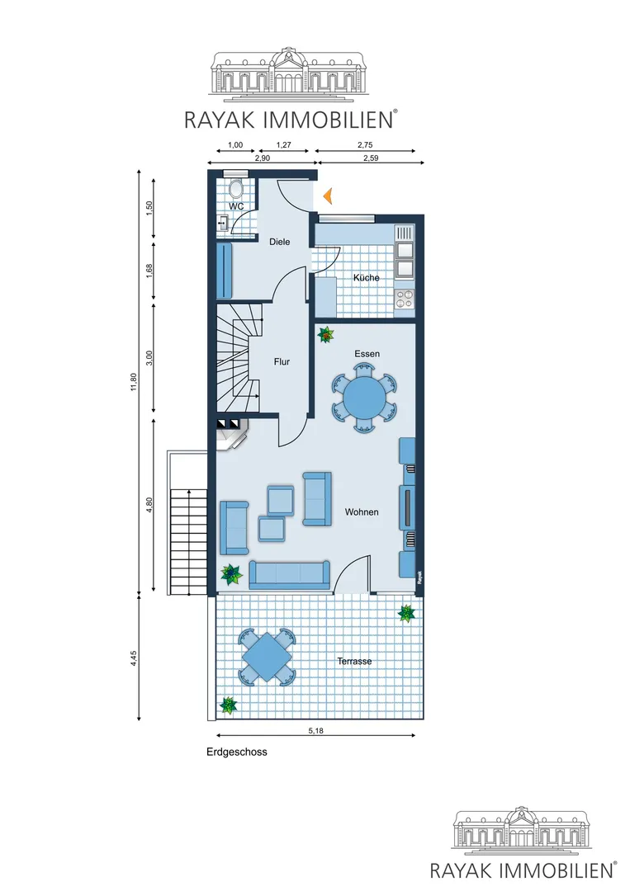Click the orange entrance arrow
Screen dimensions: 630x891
[328, 196]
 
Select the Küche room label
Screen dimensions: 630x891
[366, 278]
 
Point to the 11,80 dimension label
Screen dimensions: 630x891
[134, 381]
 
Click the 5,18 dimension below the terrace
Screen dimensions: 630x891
[315, 731]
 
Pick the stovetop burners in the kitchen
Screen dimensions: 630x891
[405, 299]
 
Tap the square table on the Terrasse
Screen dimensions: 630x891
[268, 658]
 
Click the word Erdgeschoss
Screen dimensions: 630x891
[236, 752]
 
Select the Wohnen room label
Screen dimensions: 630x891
[362, 512]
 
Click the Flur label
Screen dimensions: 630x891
[282, 361]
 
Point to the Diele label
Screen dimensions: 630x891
[279, 242]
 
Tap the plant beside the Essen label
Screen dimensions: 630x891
[326, 335]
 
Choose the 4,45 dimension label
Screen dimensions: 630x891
[134, 658]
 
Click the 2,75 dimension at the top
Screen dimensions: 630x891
[365, 145]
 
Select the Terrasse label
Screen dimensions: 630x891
[354, 662]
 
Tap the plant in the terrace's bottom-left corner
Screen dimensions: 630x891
[228, 705]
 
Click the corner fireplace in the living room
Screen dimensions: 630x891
[233, 435]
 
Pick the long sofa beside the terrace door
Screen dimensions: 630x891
[290, 574]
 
